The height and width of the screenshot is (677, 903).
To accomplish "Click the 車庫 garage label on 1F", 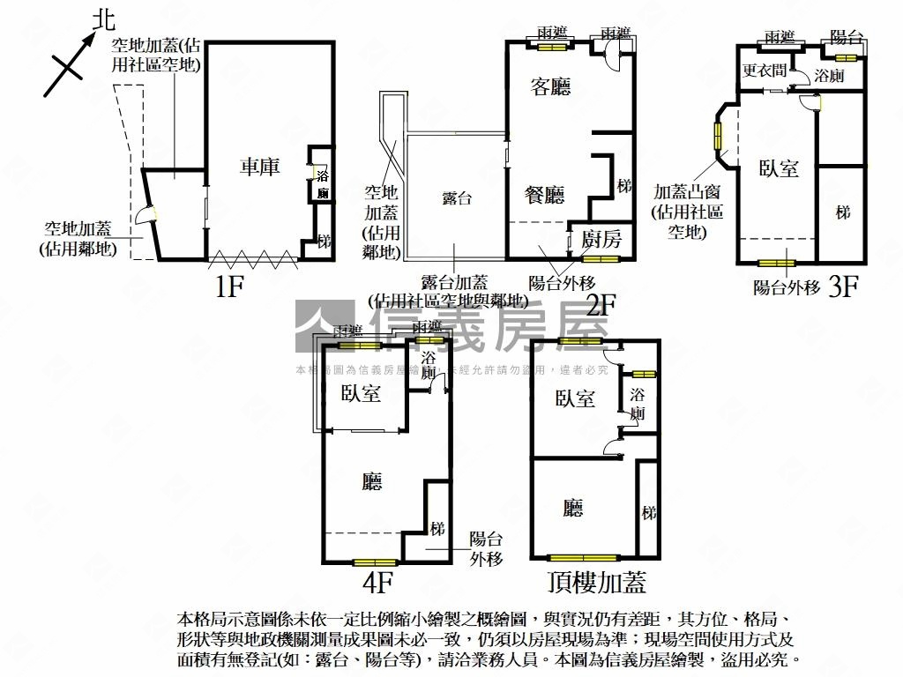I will click(260, 166).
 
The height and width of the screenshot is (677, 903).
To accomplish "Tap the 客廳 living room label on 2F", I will click(550, 86).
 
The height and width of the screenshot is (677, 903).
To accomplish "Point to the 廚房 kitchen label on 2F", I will click(601, 238).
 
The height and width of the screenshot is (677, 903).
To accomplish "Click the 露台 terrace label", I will click(457, 198).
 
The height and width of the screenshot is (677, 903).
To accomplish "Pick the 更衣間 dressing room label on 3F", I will click(765, 71).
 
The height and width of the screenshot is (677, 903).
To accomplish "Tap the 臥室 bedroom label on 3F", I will click(780, 167).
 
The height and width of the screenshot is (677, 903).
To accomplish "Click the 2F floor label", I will click(601, 305).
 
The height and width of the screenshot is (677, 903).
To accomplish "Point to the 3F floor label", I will click(843, 287).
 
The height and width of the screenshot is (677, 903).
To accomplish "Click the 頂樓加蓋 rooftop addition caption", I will click(597, 583).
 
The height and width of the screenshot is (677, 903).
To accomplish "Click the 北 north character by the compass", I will click(104, 20).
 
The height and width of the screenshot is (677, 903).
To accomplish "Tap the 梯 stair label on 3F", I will click(844, 212).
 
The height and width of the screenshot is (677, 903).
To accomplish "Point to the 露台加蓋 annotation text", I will click(454, 282).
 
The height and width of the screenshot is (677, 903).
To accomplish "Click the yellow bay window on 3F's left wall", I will click(718, 133).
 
